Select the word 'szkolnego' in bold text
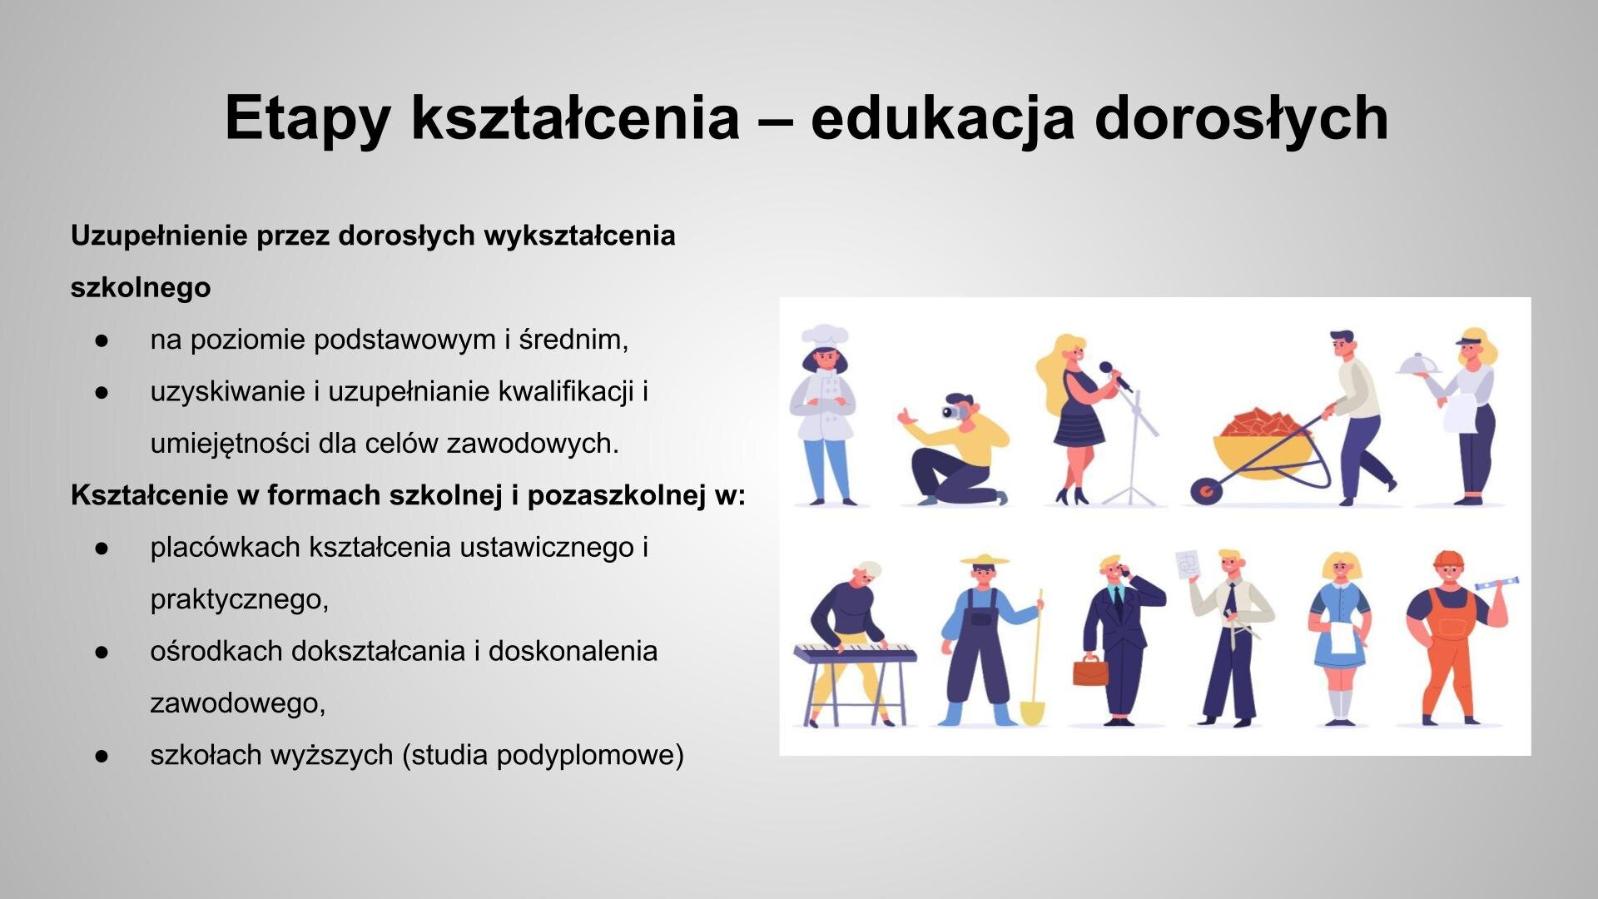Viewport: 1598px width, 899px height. (141, 288)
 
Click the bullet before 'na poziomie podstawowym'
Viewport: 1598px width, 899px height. (102, 340)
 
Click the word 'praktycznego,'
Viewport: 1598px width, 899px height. (240, 599)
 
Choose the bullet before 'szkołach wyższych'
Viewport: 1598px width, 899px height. (102, 756)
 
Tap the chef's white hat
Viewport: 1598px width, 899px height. (824, 335)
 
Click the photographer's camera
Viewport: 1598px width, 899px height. (951, 411)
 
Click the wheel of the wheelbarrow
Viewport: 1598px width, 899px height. (1203, 491)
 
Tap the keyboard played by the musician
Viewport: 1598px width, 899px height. (854, 653)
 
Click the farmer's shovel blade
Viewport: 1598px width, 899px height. (1032, 713)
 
